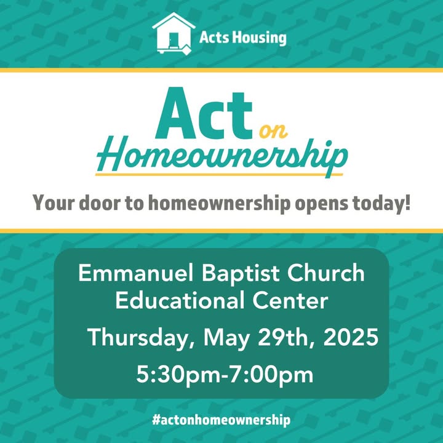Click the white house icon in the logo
174,33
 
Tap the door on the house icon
174,40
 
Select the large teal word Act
204,114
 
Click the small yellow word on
273,131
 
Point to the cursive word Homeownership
221,156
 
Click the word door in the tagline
100,203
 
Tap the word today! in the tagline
381,204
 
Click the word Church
325,273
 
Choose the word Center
290,300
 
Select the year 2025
351,337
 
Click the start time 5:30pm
178,374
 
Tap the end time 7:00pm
271,374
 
